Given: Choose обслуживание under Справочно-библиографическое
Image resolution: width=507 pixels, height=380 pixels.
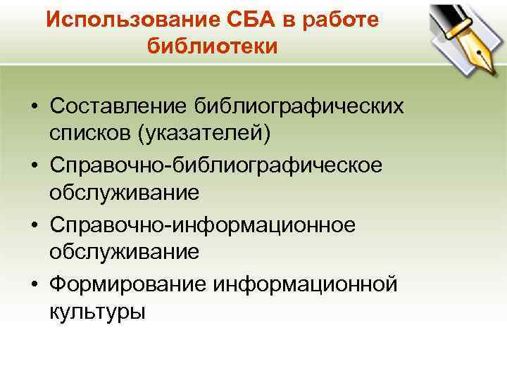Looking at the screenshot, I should [x=125, y=191].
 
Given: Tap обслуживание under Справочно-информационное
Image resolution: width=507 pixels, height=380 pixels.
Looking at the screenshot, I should [x=125, y=251].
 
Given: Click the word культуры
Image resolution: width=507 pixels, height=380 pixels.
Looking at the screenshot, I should [x=97, y=310].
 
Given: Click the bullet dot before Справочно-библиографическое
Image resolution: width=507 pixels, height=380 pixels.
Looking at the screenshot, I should [x=34, y=165].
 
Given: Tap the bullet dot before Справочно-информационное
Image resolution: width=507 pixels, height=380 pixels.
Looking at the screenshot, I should [x=34, y=224].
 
